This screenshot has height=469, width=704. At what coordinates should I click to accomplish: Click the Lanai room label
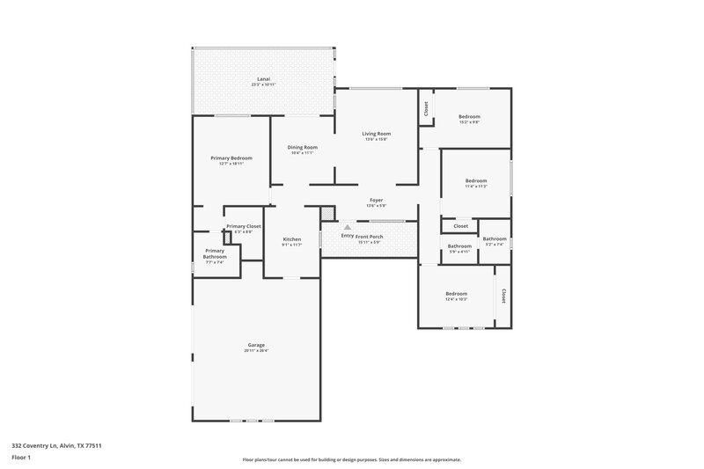264,78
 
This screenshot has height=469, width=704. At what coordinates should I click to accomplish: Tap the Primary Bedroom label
231,158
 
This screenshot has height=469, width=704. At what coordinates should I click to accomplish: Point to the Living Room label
376,134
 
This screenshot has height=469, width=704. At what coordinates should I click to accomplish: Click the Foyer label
376,202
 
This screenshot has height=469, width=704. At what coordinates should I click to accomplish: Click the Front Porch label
370,236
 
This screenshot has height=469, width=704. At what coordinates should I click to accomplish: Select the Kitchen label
292,239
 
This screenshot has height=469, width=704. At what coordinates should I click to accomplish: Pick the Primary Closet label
243,226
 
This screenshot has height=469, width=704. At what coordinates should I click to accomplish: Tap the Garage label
256,345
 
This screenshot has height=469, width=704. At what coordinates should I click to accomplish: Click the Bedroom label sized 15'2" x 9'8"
469,117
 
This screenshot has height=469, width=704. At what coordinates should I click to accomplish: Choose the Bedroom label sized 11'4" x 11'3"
476,180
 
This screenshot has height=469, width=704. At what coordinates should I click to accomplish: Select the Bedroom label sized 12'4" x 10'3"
456,294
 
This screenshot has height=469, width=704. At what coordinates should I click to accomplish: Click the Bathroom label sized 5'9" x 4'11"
459,246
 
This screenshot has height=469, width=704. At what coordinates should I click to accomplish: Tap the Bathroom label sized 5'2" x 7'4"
494,238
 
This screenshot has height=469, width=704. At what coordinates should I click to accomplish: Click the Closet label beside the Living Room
427,108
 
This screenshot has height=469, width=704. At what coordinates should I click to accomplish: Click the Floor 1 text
21,458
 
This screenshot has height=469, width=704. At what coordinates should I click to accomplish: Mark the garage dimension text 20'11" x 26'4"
256,350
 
